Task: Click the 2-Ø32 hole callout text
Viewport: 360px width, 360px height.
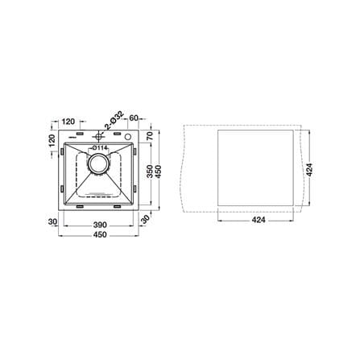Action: (x=114, y=120)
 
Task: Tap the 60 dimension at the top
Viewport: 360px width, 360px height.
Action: (x=134, y=118)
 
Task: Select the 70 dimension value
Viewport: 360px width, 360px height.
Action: (x=150, y=135)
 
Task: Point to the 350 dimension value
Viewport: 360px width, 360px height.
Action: (x=150, y=172)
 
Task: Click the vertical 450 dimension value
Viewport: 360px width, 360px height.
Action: (x=159, y=172)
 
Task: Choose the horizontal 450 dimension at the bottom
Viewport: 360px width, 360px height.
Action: (x=100, y=235)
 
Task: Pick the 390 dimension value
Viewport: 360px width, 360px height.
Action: (x=100, y=225)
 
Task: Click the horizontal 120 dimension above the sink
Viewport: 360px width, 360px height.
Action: (x=68, y=122)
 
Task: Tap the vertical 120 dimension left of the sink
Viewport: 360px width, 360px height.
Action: (x=52, y=140)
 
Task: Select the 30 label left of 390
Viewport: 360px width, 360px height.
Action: (x=52, y=221)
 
